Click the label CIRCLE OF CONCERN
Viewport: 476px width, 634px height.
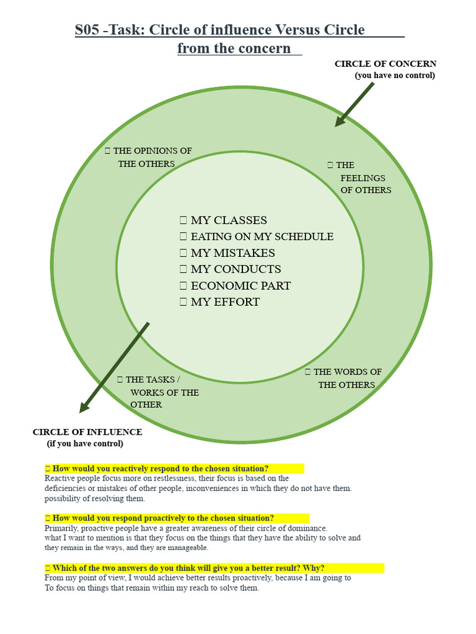[386, 64]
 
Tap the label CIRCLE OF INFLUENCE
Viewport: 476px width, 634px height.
[87, 432]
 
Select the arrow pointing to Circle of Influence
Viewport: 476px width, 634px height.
[115, 367]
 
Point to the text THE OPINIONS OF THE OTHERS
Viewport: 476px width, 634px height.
[149, 157]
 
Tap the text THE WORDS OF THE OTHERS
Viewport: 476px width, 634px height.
[345, 378]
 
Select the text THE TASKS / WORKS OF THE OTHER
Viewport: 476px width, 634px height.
[159, 392]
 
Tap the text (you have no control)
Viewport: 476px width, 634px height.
[395, 76]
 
